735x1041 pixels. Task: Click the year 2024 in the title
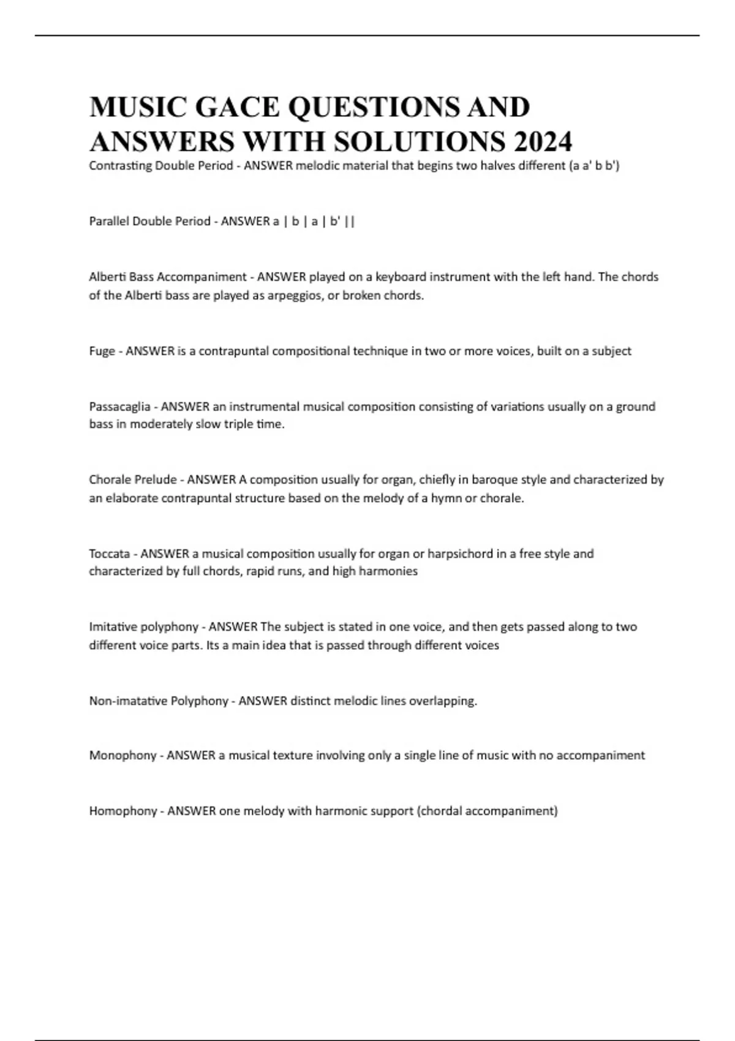tap(543, 141)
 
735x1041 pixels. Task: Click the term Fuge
tap(102, 351)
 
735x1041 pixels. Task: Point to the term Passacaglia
tap(119, 407)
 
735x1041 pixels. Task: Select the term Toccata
tap(109, 554)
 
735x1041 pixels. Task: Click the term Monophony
tap(123, 756)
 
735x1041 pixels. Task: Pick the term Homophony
tap(123, 811)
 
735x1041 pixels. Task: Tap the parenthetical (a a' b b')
tap(595, 166)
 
